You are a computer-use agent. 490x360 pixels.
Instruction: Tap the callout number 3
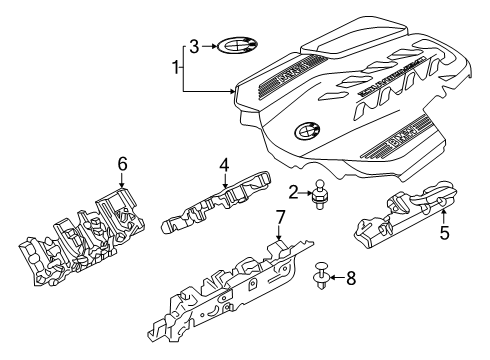click(x=196, y=45)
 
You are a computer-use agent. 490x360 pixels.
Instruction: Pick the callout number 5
click(x=447, y=236)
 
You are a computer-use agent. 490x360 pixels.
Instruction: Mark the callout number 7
click(x=280, y=215)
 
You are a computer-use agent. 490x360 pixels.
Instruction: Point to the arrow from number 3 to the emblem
click(x=209, y=45)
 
